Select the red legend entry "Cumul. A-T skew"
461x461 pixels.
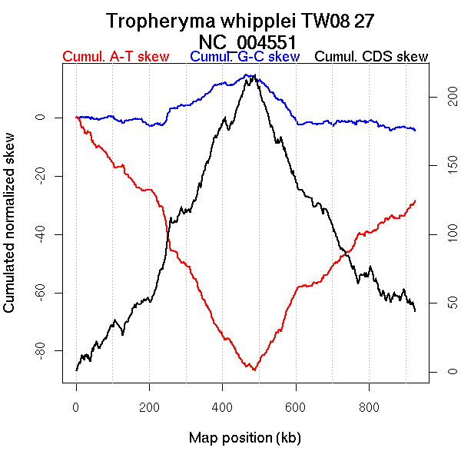115,57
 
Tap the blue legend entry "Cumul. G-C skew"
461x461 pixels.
244,57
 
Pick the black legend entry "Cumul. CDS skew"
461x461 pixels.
371,57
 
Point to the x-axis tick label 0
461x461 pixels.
76,407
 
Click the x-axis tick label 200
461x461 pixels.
149,407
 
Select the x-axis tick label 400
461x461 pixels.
223,407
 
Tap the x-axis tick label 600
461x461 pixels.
296,407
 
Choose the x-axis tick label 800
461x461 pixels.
369,407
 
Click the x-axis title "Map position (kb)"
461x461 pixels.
244,438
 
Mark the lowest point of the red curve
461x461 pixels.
252,370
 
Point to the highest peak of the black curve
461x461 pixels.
254,75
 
